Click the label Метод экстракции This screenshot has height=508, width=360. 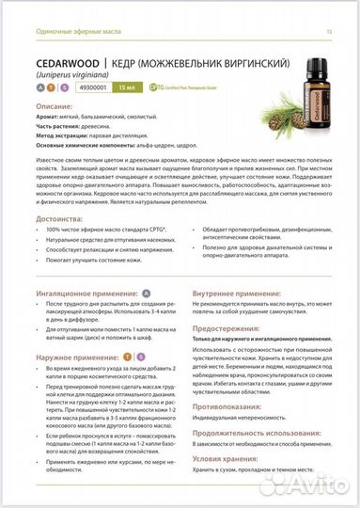(x=60, y=135)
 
